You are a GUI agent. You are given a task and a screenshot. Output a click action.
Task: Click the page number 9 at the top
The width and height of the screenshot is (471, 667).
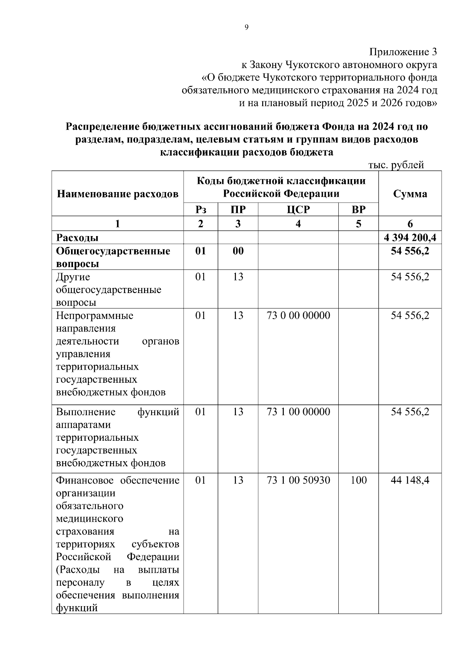coord(246,27)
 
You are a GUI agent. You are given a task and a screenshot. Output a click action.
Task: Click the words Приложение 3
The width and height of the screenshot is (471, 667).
coord(403,52)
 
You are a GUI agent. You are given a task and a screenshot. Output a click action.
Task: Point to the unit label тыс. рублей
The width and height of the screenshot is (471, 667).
coord(396,165)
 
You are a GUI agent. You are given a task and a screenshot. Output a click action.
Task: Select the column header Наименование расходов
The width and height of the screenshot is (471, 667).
coord(118,194)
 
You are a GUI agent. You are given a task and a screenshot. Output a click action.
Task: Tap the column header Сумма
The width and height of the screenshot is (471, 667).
coord(410,194)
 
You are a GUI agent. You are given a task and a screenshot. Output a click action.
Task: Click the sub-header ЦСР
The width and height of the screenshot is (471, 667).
coord(298,209)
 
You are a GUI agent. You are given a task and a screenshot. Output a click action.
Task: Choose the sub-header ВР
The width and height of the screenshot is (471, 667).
coord(358,209)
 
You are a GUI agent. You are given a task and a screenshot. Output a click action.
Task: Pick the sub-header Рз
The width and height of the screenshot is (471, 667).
coord(201,209)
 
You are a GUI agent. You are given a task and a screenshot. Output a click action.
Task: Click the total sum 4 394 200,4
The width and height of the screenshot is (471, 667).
coord(410,238)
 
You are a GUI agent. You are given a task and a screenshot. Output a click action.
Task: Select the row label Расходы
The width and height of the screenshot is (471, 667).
coord(77,238)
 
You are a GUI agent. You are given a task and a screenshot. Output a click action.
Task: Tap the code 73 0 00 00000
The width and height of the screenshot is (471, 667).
coord(298,315)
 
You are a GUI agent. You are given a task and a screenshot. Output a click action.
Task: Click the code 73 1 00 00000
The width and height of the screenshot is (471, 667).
coord(298,412)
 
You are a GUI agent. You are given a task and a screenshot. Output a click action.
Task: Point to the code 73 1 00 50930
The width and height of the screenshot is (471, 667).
coord(298,480)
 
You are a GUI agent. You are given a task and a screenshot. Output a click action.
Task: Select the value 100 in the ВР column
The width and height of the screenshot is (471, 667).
coord(358,480)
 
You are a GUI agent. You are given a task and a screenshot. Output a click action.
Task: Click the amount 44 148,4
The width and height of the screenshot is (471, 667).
coord(410,480)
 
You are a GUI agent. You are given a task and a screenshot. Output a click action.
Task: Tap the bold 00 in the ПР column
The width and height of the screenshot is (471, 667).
coord(238,251)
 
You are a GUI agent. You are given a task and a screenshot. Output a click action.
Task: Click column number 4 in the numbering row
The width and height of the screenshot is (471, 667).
coord(298,224)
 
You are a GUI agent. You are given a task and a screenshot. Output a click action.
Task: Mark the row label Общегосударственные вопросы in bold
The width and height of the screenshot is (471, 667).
coord(113,257)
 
